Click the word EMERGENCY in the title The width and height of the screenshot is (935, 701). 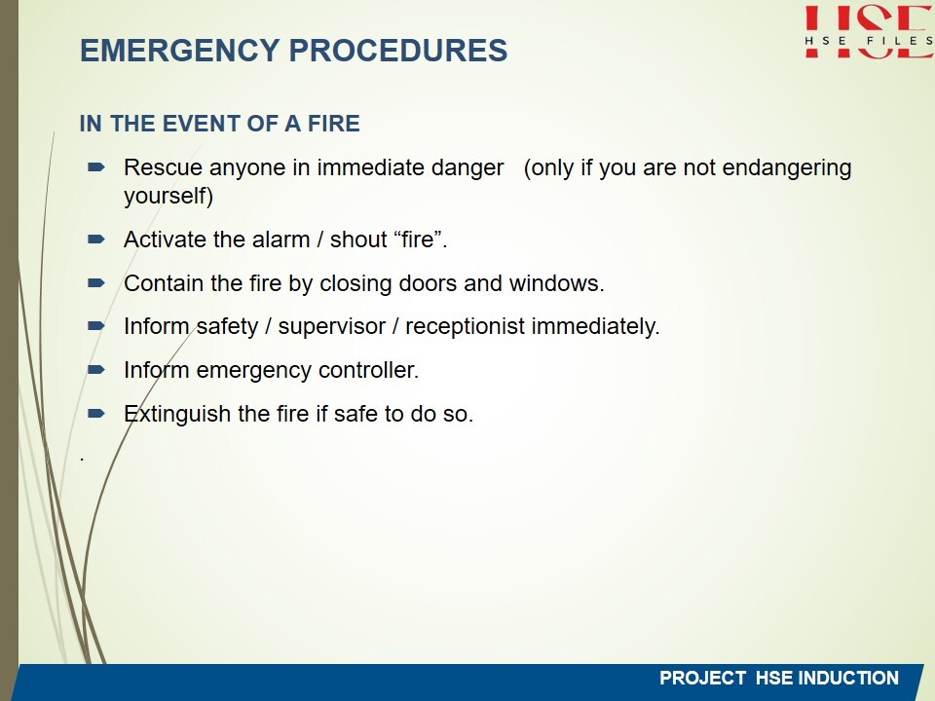click(x=180, y=50)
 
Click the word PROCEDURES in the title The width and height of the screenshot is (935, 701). click(x=398, y=50)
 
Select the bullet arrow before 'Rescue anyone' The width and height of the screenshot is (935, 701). click(x=96, y=167)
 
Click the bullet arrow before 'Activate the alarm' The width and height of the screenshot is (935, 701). click(x=96, y=240)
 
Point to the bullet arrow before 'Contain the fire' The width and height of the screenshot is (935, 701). click(x=96, y=283)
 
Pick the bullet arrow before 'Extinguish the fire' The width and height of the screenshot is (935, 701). click(x=96, y=413)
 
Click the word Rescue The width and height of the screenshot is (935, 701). click(x=163, y=167)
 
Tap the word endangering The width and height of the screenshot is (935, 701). click(x=787, y=168)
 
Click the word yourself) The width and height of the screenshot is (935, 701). click(x=168, y=197)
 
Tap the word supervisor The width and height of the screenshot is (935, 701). click(x=331, y=327)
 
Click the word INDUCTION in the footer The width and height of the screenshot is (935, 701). click(x=848, y=678)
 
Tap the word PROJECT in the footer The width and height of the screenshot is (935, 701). click(x=702, y=678)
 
